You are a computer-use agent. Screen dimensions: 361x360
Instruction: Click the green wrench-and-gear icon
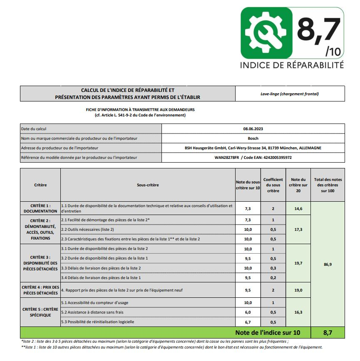click(x=266, y=33)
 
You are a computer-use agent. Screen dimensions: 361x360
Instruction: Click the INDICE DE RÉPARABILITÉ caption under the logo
click(x=292, y=65)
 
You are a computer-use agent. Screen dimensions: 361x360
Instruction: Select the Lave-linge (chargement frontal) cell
click(x=290, y=94)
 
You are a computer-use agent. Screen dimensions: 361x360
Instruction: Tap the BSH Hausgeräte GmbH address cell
click(x=253, y=148)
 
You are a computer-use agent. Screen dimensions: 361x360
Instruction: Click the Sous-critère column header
click(x=148, y=185)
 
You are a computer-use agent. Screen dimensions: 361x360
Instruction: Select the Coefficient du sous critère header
click(x=273, y=185)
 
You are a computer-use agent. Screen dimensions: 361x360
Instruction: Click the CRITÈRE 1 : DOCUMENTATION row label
click(x=40, y=208)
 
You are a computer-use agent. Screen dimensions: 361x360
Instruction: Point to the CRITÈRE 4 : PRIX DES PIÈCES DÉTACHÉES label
click(x=40, y=290)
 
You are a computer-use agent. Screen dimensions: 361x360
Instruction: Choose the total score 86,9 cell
click(x=327, y=264)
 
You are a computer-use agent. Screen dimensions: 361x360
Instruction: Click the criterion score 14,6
click(x=298, y=208)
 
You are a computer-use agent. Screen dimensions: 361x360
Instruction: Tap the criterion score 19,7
click(x=298, y=263)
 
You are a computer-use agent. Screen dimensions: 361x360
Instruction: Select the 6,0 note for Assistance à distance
click(x=248, y=312)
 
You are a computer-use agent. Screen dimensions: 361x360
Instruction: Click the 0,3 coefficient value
click(x=273, y=268)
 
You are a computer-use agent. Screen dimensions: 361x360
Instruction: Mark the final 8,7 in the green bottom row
click(x=327, y=333)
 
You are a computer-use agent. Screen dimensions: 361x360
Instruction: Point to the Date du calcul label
click(x=34, y=129)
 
